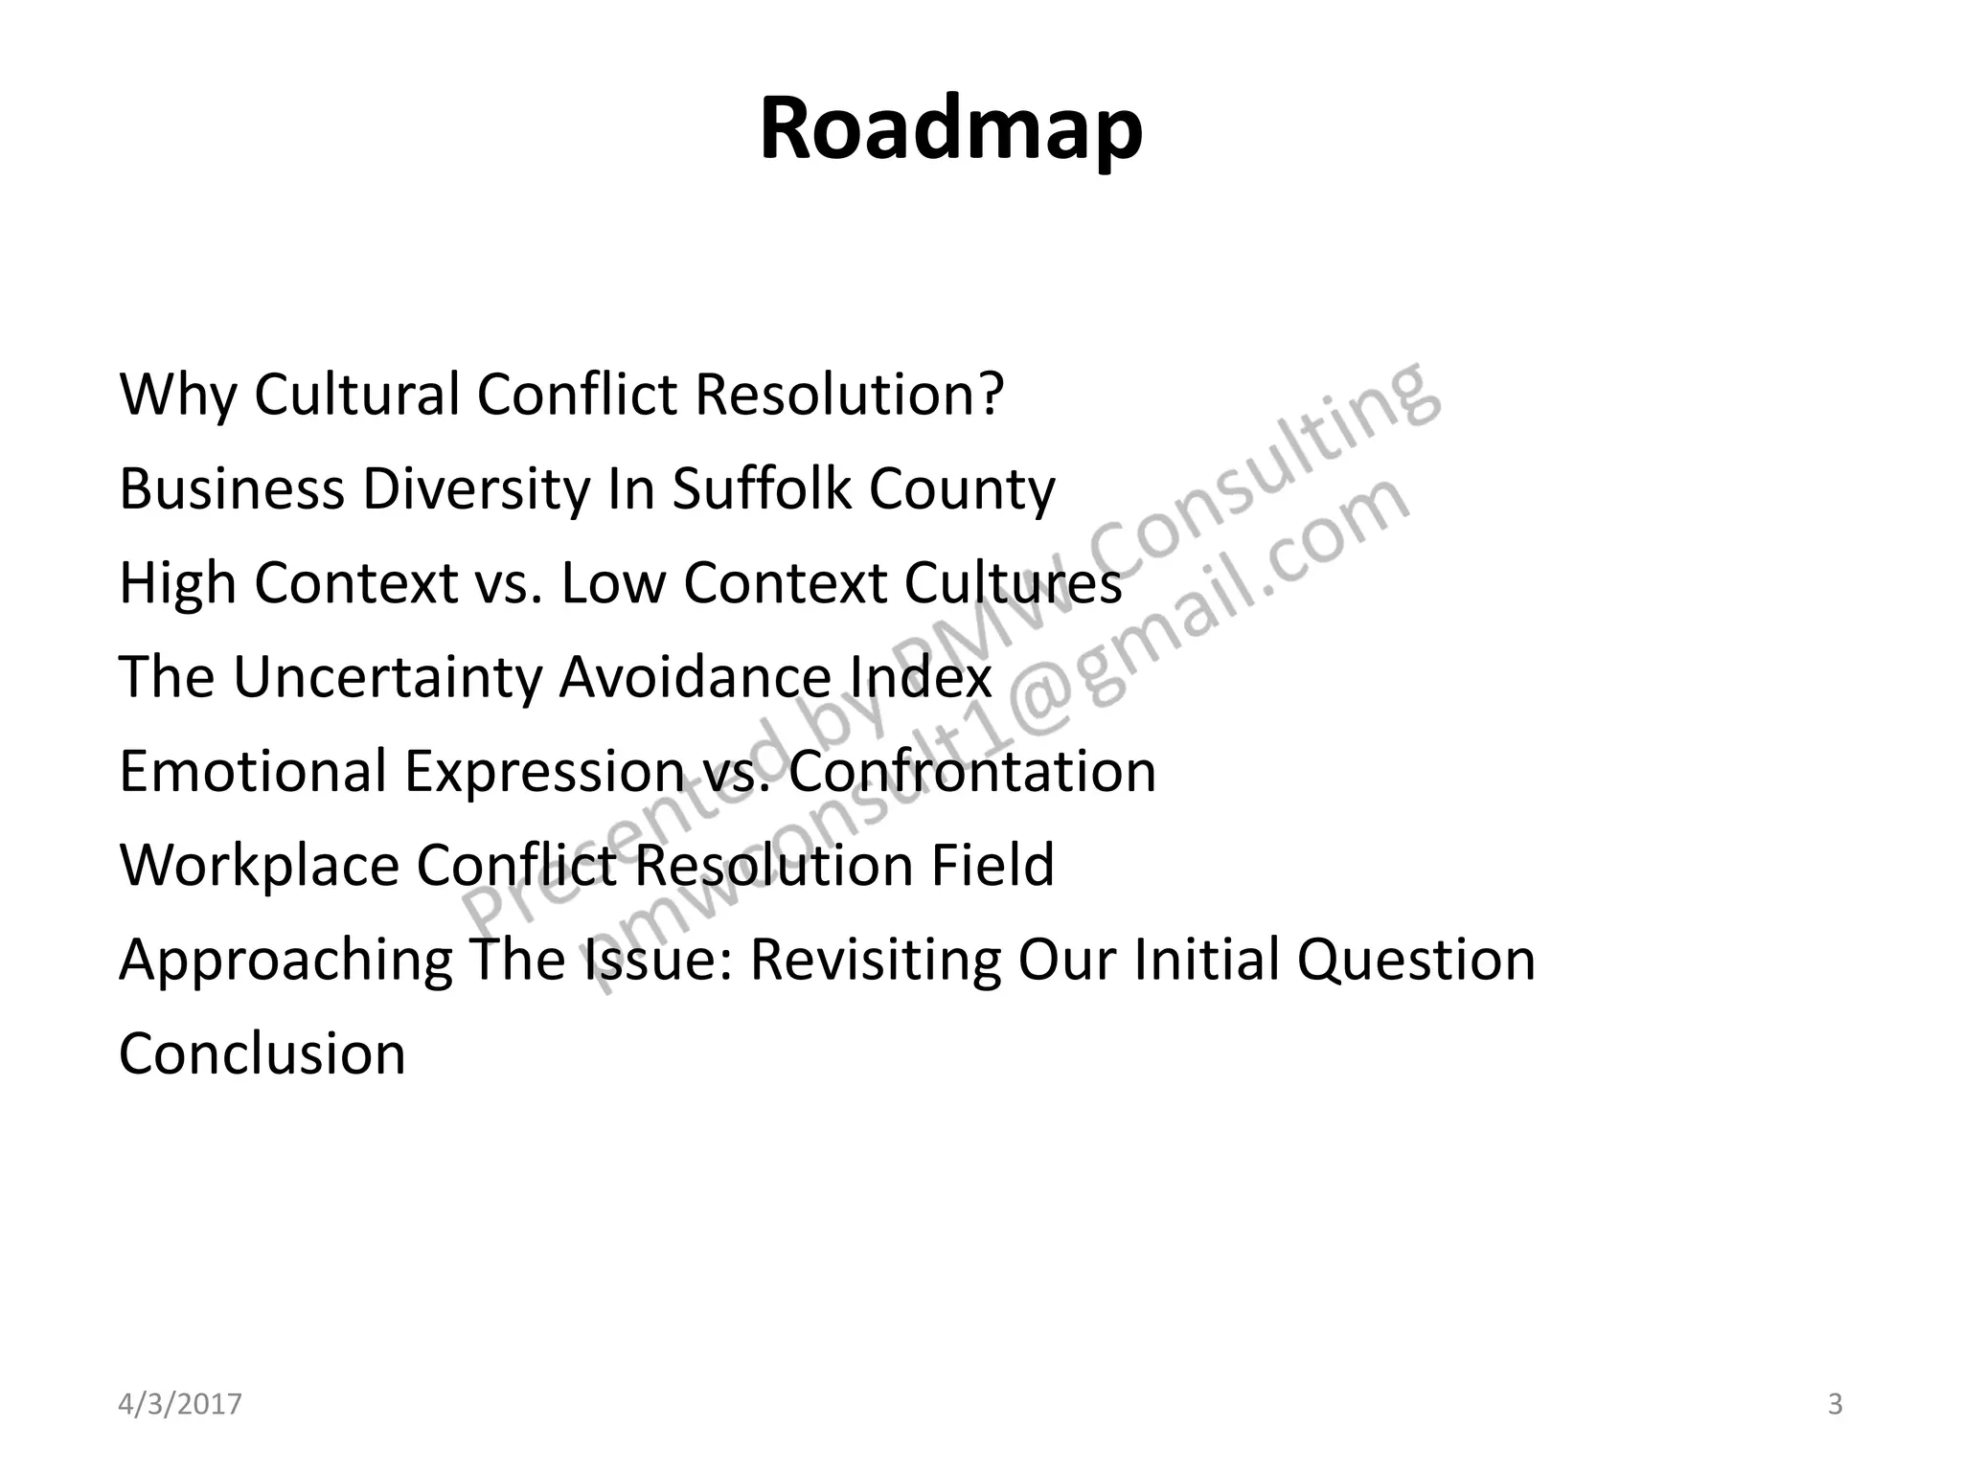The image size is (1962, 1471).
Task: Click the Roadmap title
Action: coord(950,129)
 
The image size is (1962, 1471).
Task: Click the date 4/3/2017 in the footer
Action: coord(180,1404)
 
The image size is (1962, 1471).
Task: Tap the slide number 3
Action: coord(1835,1404)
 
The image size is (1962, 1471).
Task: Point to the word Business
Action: coord(231,488)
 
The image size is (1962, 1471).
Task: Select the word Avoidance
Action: coord(695,677)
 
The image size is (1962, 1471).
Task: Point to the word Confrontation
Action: coord(972,771)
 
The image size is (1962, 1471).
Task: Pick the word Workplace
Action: coord(259,865)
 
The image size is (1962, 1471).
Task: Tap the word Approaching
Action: coord(286,960)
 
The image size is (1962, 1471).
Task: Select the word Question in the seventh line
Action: coord(1416,960)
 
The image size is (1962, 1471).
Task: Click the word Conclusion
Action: coord(262,1053)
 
